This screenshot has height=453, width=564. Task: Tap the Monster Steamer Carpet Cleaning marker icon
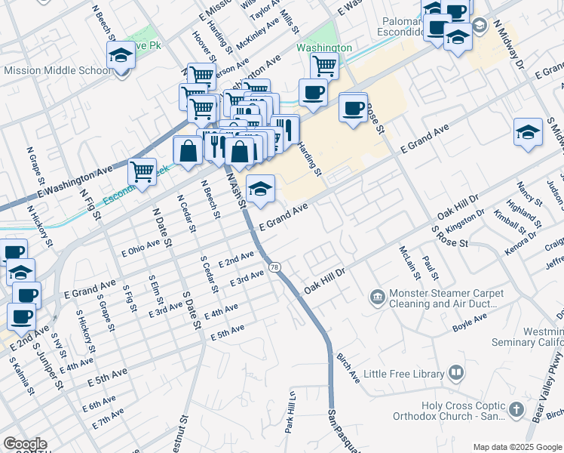click(x=376, y=299)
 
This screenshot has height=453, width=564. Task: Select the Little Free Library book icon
click(x=456, y=372)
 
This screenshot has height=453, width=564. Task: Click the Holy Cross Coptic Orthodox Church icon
click(x=516, y=409)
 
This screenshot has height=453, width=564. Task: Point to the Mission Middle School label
click(x=57, y=71)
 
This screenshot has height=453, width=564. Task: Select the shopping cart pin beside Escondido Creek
click(x=142, y=171)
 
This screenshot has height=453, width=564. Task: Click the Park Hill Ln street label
click(x=289, y=411)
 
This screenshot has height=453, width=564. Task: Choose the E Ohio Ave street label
click(x=142, y=249)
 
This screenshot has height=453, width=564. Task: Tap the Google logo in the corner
click(x=25, y=444)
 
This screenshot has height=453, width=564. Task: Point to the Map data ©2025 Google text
click(x=516, y=447)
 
